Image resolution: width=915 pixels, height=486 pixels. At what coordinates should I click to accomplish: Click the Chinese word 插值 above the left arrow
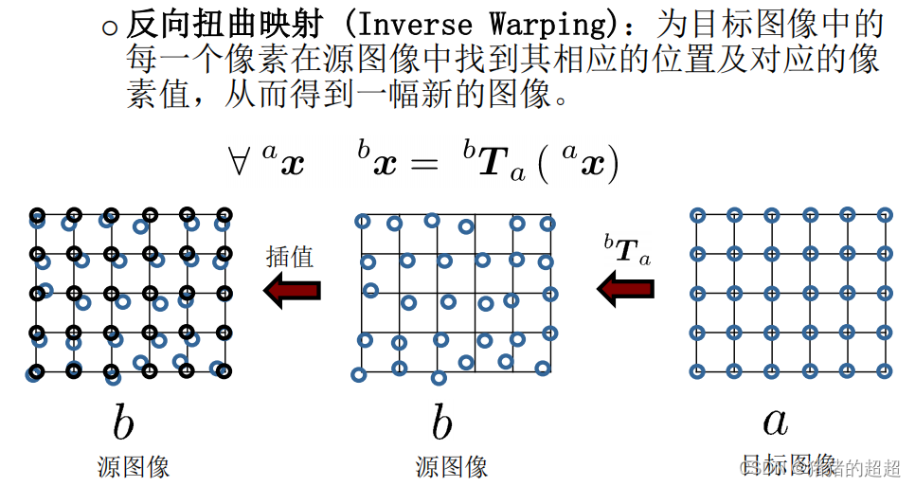(x=290, y=256)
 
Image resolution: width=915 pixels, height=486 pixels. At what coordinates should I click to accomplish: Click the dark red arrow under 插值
(x=293, y=289)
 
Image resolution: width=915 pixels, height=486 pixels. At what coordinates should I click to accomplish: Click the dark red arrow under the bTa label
(x=626, y=289)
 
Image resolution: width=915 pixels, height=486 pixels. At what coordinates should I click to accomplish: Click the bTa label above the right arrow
(x=627, y=250)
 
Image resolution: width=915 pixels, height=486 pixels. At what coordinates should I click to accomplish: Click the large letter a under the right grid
(x=775, y=422)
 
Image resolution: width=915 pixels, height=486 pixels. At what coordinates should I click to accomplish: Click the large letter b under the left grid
(x=123, y=423)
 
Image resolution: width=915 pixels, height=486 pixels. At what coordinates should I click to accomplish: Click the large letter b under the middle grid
(x=441, y=423)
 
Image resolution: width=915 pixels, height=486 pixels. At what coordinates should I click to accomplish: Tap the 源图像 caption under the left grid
(x=134, y=466)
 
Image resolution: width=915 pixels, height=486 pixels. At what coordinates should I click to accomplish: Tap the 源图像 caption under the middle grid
(x=452, y=466)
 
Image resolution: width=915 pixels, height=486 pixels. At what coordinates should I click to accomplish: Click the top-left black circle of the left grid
(x=36, y=214)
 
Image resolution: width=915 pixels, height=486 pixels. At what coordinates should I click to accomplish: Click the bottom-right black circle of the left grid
(x=224, y=370)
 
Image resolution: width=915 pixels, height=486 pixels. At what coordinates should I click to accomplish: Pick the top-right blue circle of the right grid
(x=884, y=214)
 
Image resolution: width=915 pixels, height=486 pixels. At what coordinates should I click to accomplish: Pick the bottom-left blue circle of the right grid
(x=697, y=370)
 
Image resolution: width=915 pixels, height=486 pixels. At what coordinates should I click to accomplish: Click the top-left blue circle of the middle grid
(x=362, y=221)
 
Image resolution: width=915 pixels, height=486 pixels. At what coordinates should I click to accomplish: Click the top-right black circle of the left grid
(x=224, y=214)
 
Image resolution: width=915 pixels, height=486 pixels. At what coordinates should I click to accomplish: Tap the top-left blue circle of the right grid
(x=697, y=214)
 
